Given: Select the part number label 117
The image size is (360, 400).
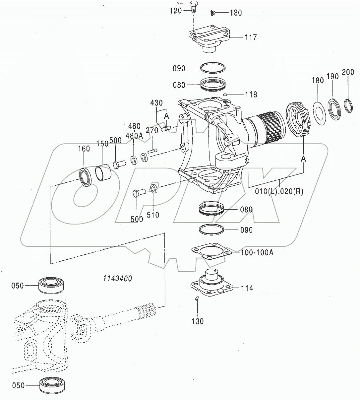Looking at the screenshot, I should tap(251, 37).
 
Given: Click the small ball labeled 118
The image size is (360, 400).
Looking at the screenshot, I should tap(225, 95).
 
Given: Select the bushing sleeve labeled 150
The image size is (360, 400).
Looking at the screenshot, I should tap(102, 172).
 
